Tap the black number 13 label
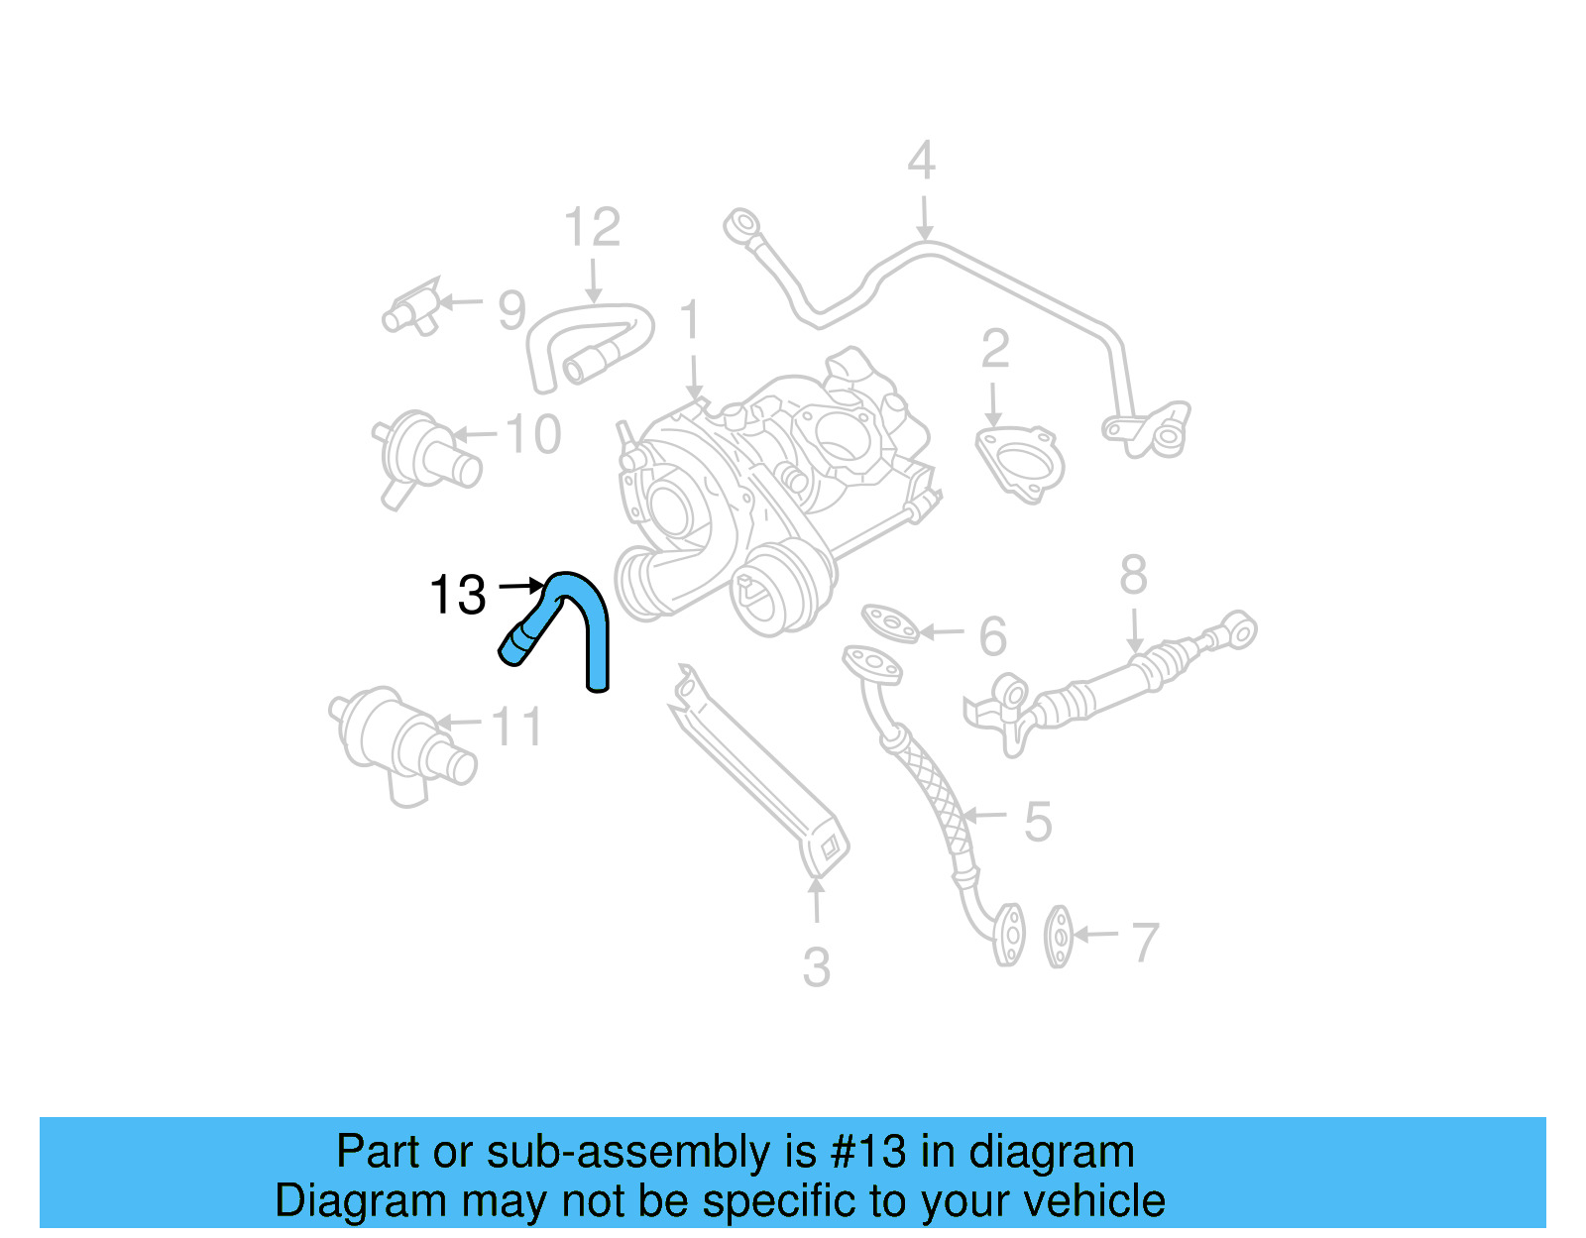coord(458,596)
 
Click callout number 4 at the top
coord(921,162)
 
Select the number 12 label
coord(592,228)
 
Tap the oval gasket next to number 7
coord(1059,936)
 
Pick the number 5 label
coord(1037,822)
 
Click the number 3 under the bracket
coord(816,967)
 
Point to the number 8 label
coord(1133,575)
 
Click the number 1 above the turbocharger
coord(691,322)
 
